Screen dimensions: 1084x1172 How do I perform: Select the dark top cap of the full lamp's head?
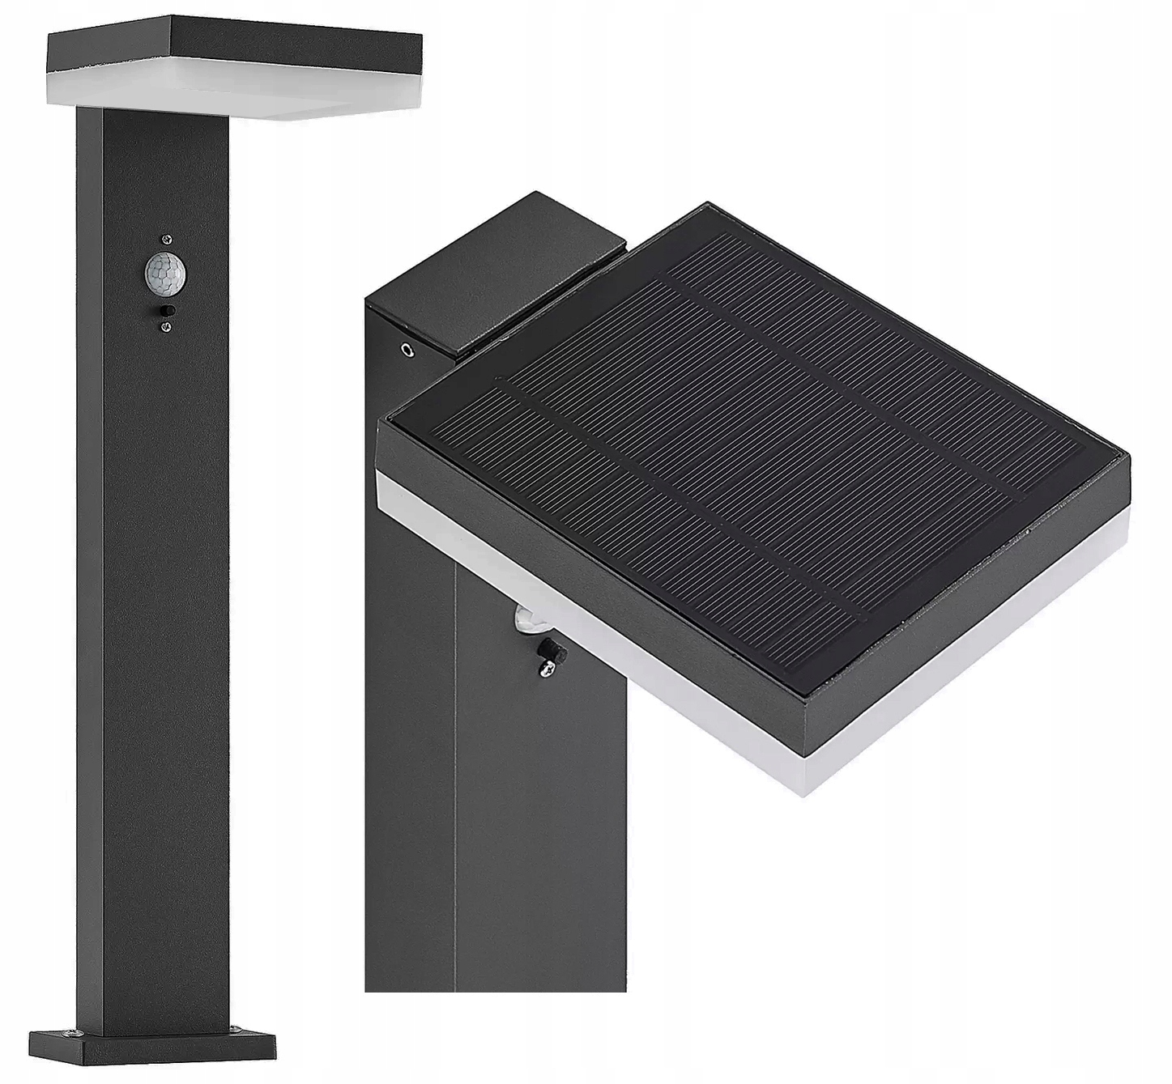pyautogui.click(x=235, y=49)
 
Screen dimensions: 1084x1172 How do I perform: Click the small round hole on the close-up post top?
pyautogui.click(x=407, y=351)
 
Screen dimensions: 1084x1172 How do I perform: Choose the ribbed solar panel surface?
pyautogui.click(x=753, y=453)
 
